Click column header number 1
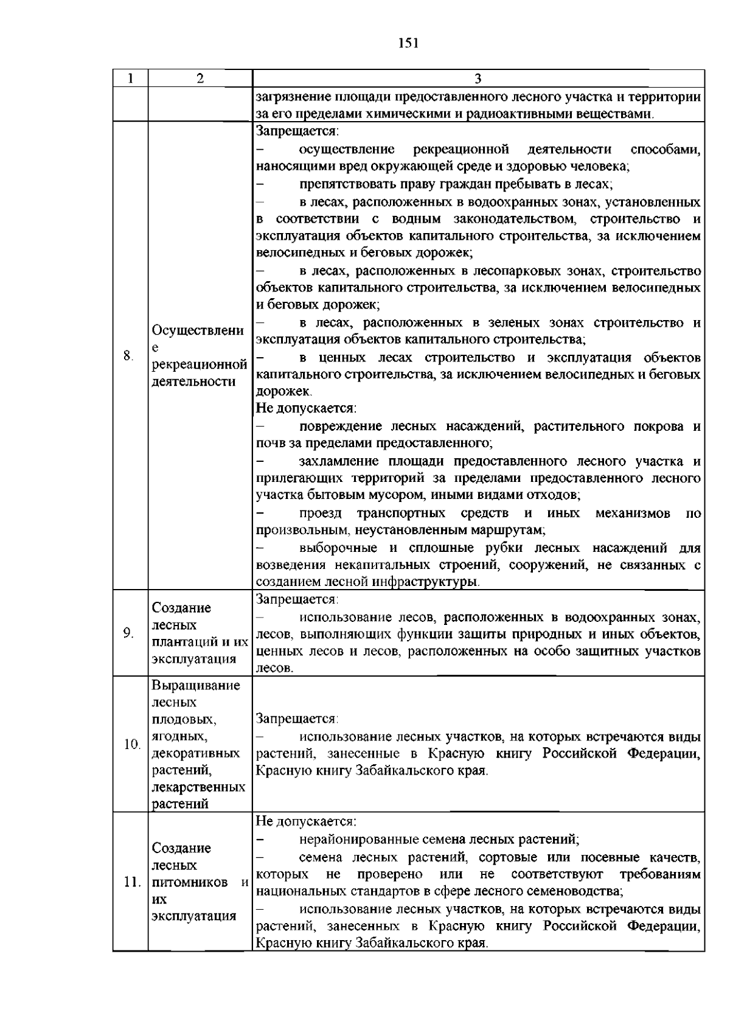click(130, 78)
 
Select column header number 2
click(200, 78)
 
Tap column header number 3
click(478, 78)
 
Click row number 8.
click(128, 356)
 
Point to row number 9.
click(128, 633)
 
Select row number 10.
click(131, 744)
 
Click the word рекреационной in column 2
click(199, 364)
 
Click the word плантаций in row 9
click(182, 642)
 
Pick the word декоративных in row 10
click(195, 753)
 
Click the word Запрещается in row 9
click(296, 599)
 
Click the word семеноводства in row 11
click(579, 891)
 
